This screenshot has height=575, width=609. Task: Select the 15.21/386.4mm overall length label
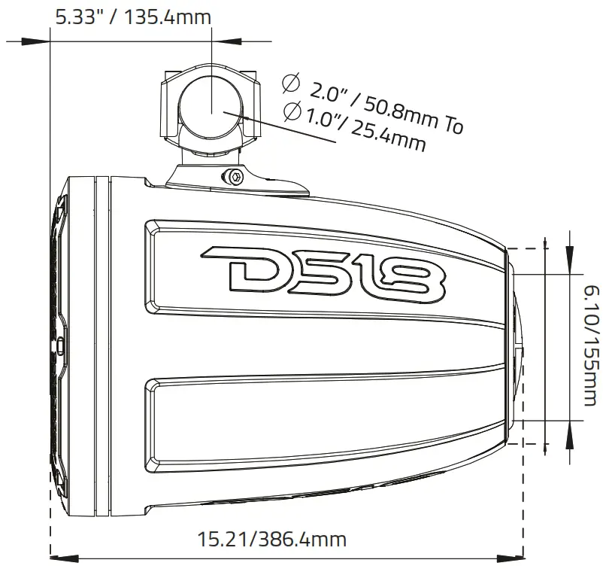click(x=271, y=539)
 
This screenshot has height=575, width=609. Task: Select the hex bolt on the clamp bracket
click(x=236, y=178)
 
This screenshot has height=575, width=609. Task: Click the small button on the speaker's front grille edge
click(x=60, y=347)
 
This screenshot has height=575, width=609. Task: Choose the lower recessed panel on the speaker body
click(x=323, y=421)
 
